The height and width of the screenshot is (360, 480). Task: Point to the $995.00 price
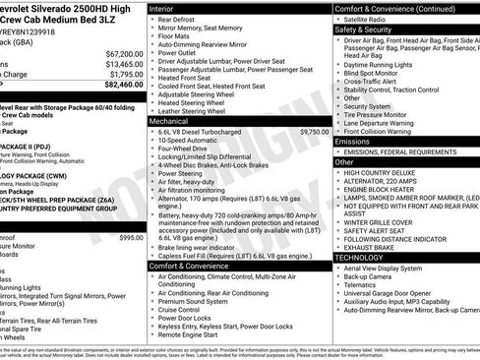(131, 237)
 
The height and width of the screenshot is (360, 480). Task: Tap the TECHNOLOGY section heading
(361, 257)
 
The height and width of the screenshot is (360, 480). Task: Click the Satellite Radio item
(366, 19)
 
